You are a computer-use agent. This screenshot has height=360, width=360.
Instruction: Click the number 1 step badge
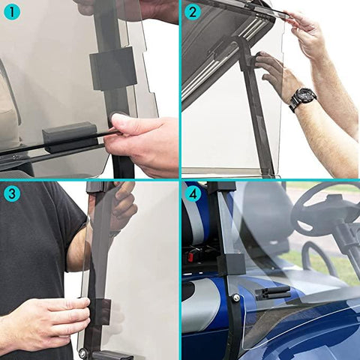(x=10, y=11)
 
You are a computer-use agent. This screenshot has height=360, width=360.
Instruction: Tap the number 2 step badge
(x=193, y=11)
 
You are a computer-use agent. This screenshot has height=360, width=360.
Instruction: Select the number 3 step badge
(x=10, y=193)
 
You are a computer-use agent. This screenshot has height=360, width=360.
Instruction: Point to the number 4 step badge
(x=193, y=193)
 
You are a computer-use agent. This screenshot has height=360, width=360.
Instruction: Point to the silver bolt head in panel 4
(x=235, y=298)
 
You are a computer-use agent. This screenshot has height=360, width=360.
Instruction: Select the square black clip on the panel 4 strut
(x=230, y=263)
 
